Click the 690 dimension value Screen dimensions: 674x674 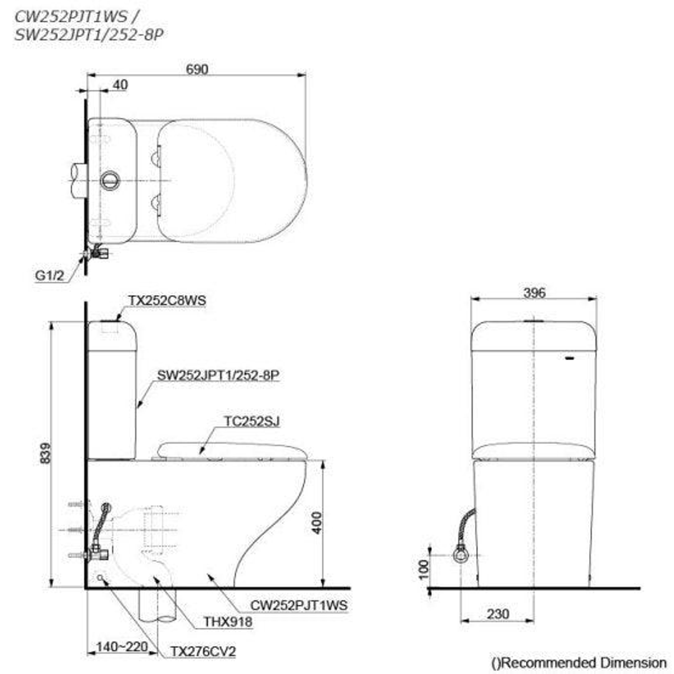197,69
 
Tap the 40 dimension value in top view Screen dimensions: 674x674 120,85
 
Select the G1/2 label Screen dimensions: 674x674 49,276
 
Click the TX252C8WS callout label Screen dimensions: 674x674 167,300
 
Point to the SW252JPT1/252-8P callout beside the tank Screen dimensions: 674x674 218,375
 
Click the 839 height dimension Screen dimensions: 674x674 45,453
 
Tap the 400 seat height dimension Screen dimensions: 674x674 316,523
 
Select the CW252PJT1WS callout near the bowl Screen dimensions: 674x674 299,605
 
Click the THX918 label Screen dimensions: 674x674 228,622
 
